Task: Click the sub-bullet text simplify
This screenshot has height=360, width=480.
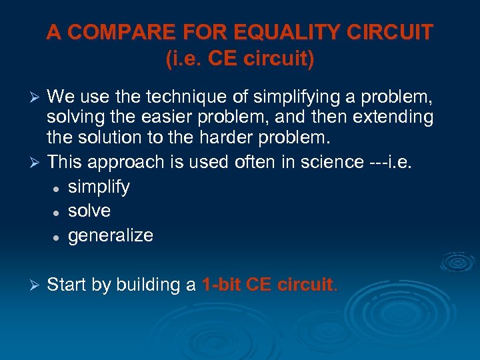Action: click(99, 187)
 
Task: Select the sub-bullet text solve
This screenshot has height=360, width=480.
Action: click(89, 211)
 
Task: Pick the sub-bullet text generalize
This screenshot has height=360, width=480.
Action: click(111, 236)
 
